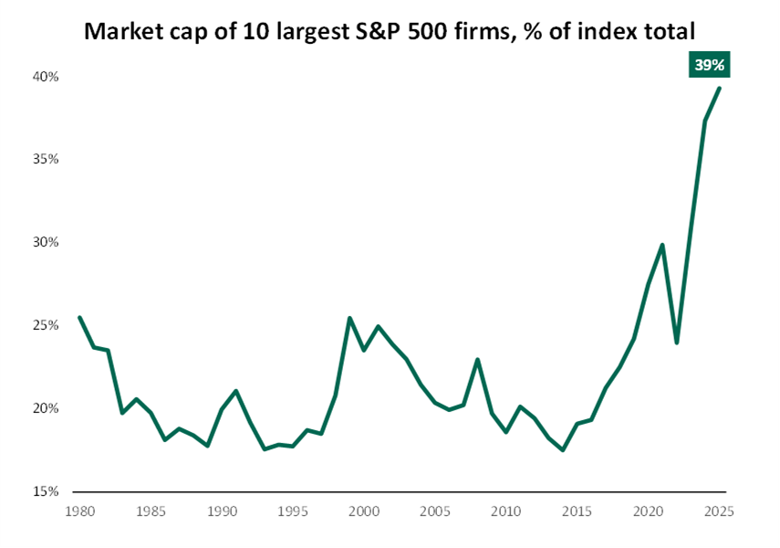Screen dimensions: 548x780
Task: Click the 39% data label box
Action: coord(711,66)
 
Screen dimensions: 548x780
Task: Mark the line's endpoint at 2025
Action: coord(719,89)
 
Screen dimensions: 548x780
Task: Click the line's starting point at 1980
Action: coord(79,318)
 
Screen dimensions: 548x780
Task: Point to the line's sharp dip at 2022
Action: coord(676,342)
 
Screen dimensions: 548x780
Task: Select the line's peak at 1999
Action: coord(349,318)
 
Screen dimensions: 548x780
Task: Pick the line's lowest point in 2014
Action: coord(563,449)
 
